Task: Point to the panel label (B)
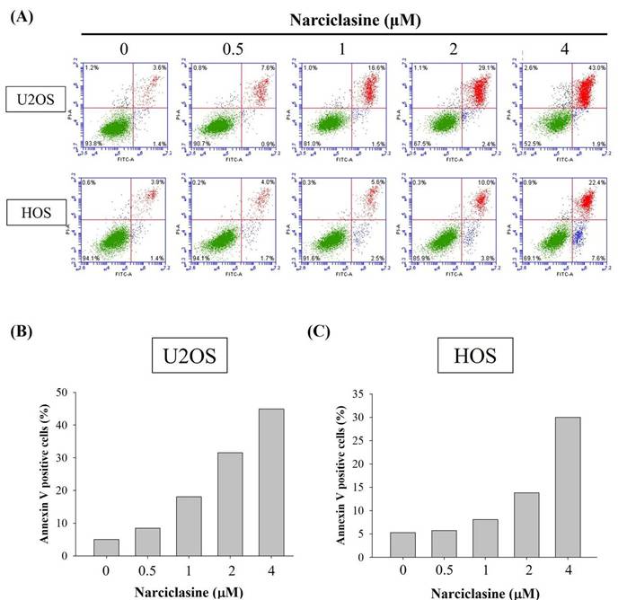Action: point(21,331)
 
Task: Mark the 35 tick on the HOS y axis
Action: point(380,393)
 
